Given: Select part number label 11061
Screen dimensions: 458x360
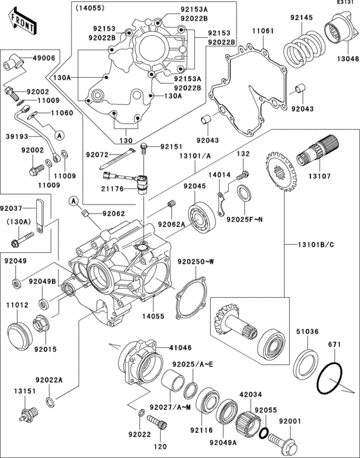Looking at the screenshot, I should tap(263, 30).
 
